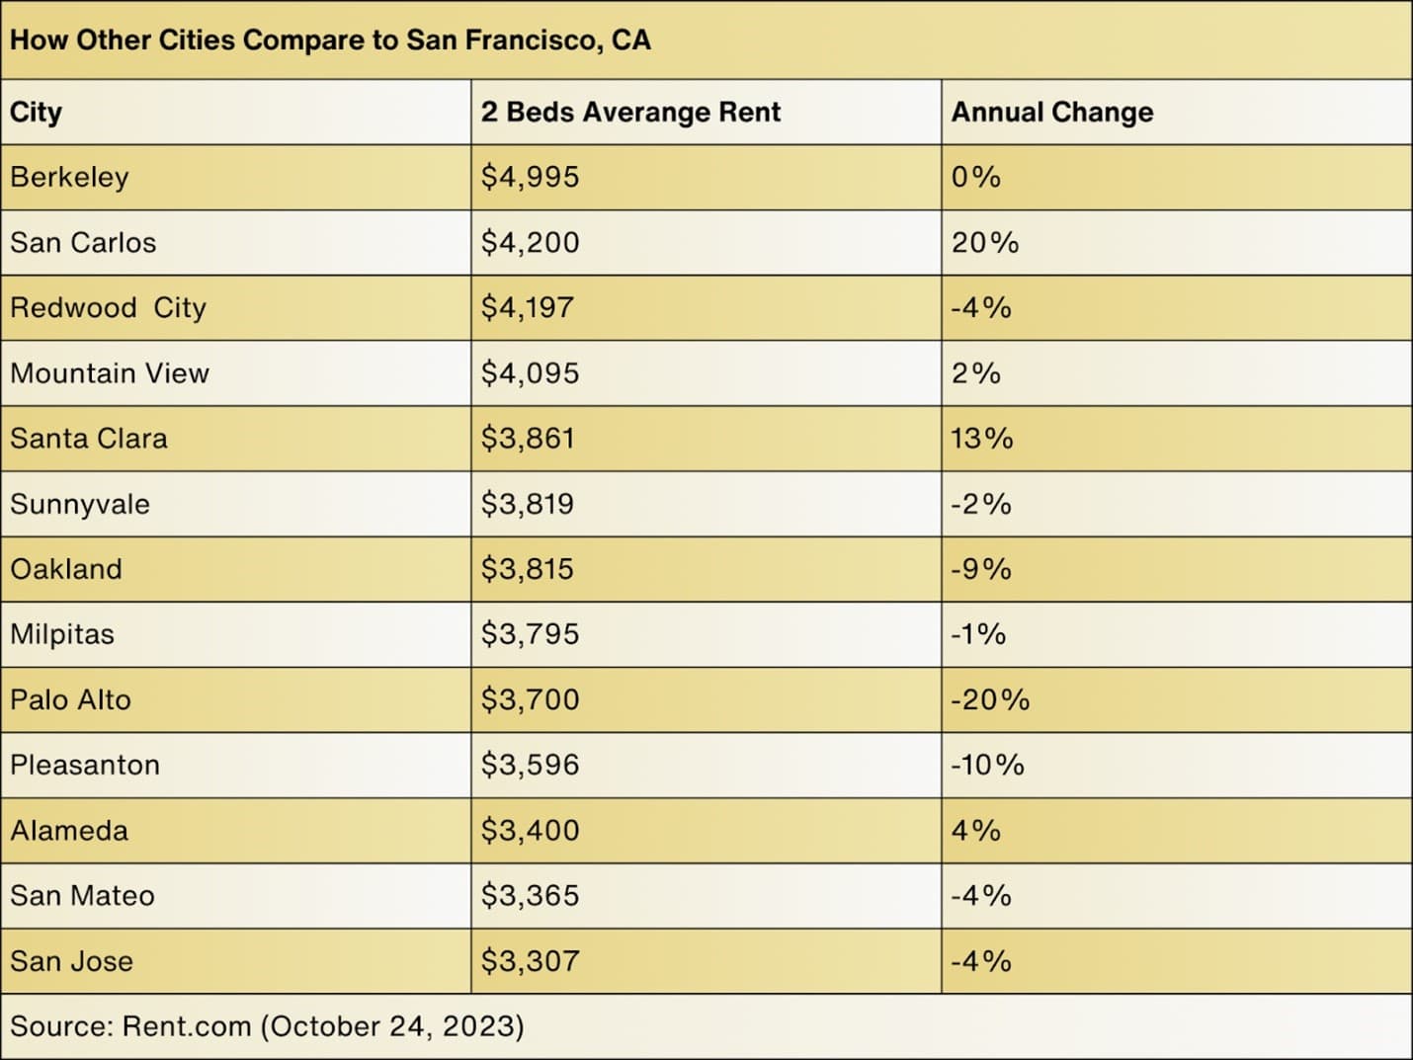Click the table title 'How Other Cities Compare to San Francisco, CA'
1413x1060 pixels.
[x=330, y=41]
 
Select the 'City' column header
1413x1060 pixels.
[x=37, y=113]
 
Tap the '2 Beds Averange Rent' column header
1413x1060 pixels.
[x=630, y=113]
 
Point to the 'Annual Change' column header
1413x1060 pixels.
[x=1052, y=113]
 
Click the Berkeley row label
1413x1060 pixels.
[x=70, y=178]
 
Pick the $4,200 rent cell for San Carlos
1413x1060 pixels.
[x=531, y=243]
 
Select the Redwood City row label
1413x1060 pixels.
[x=109, y=308]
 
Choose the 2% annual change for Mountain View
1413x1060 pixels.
[x=976, y=373]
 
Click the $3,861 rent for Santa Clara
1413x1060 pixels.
[x=528, y=439]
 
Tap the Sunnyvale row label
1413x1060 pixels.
[x=80, y=505]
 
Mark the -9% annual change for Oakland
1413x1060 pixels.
[x=981, y=570]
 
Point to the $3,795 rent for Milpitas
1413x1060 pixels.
[x=531, y=634]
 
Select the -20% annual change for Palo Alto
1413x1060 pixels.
[x=990, y=700]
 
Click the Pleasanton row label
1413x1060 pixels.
[x=85, y=766]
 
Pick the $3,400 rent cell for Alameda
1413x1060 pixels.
[x=531, y=831]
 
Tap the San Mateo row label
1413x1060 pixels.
[x=83, y=896]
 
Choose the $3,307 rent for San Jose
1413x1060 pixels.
[x=531, y=961]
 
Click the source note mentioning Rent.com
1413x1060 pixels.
[x=267, y=1026]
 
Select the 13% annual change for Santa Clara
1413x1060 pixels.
[x=982, y=439]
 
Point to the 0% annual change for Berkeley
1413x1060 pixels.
[x=976, y=178]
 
